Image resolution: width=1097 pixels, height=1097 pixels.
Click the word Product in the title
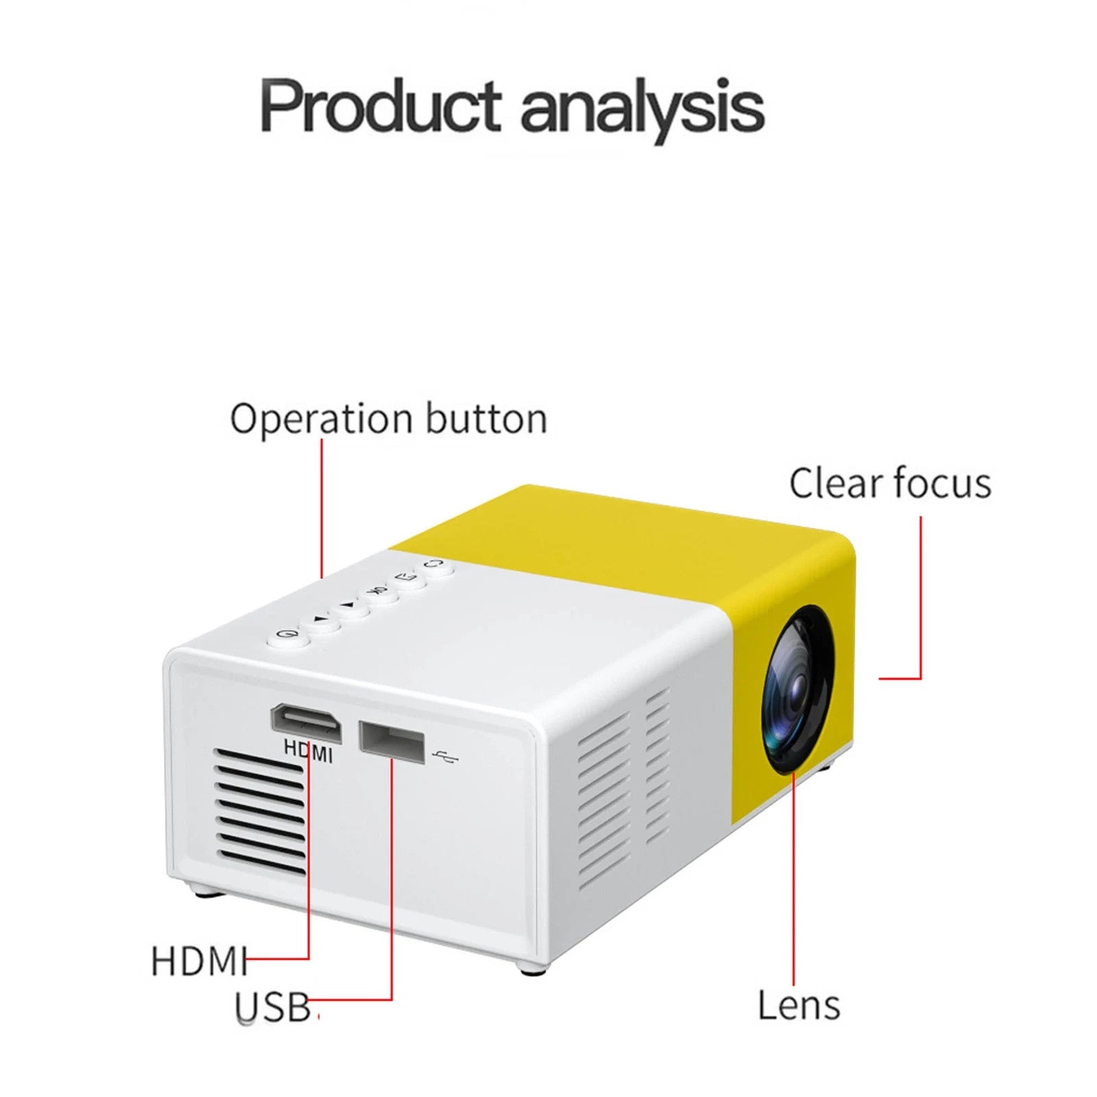tap(381, 106)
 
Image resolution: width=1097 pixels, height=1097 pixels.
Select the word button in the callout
tap(486, 418)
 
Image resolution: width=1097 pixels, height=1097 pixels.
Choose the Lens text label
tap(799, 1006)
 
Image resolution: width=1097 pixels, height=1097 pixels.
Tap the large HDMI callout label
tap(199, 961)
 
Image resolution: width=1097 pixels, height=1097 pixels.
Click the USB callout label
tap(273, 1007)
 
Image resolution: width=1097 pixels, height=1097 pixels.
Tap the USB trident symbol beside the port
tap(447, 757)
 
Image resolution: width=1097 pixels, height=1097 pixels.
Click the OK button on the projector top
tap(376, 592)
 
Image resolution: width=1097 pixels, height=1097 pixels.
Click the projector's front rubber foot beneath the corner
tap(533, 967)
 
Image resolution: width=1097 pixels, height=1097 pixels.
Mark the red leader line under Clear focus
tap(920, 597)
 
